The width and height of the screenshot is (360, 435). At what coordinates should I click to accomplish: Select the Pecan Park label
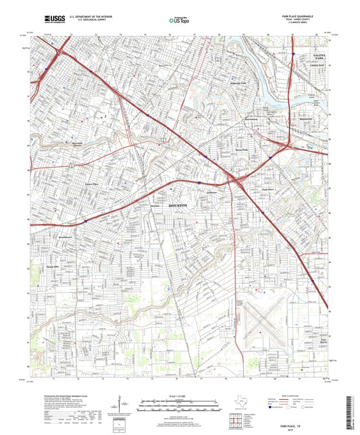[241, 149]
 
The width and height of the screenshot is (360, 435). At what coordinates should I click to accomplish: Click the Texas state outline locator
[236, 403]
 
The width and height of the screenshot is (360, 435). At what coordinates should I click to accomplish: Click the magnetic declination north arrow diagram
[122, 408]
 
